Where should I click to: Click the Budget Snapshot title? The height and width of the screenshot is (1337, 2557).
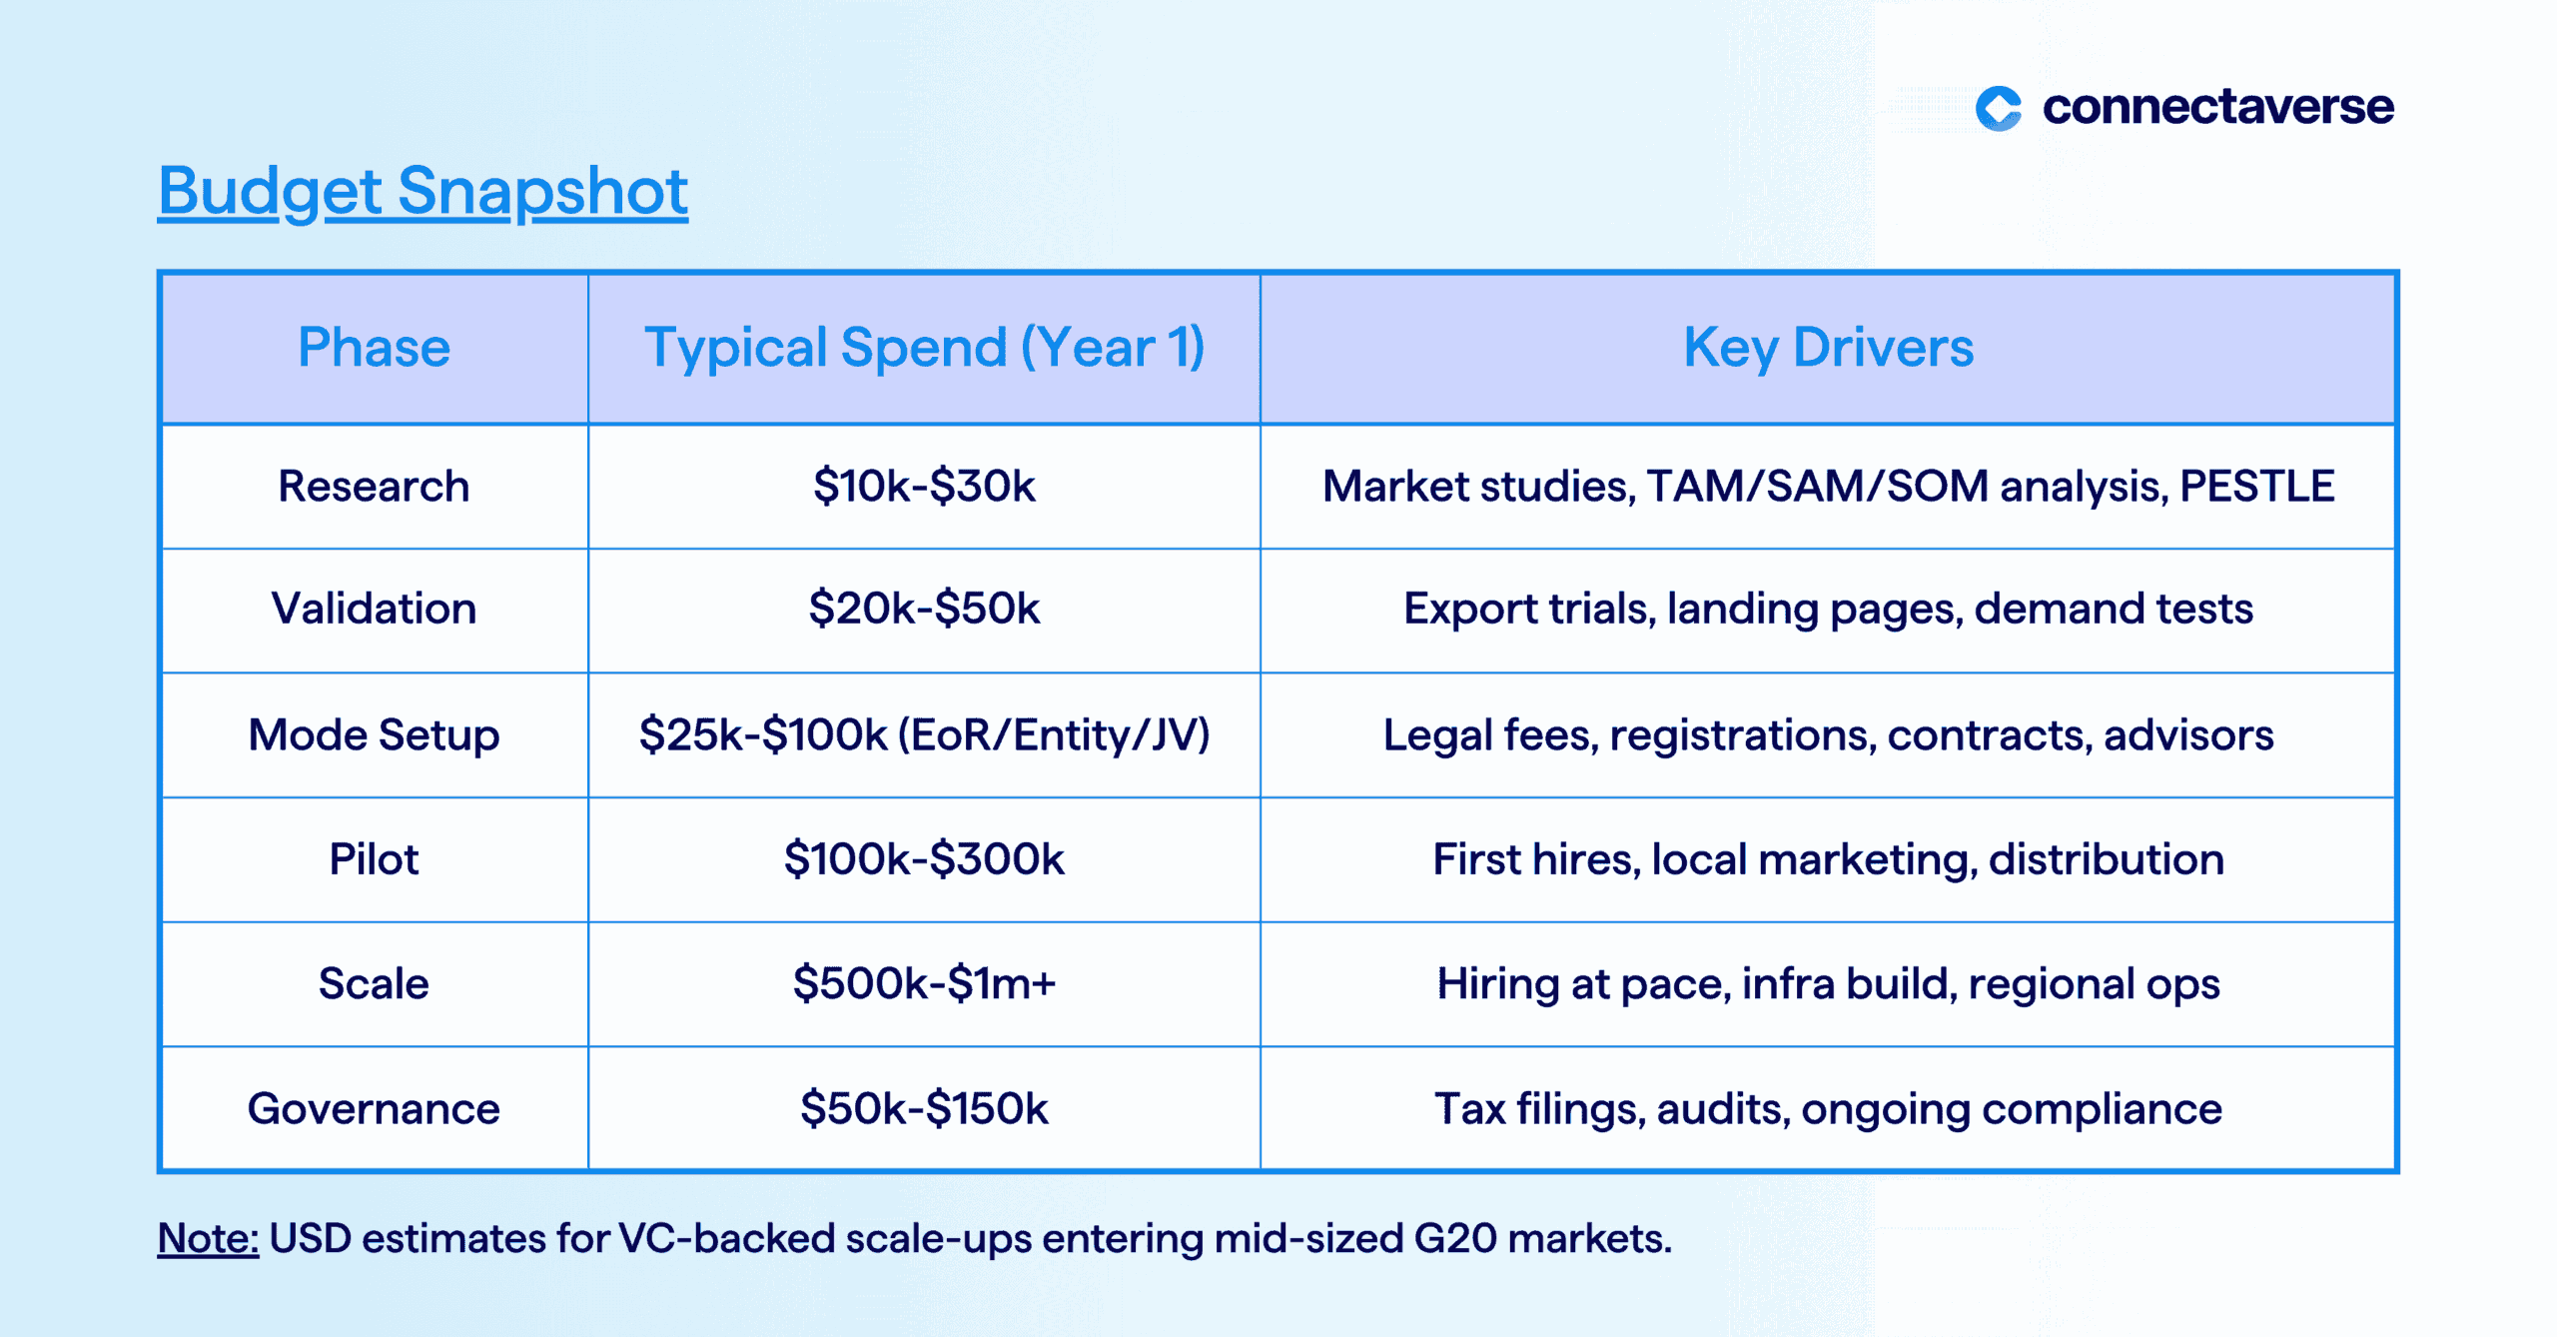tap(423, 192)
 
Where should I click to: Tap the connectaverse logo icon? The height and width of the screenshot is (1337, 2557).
tap(1999, 108)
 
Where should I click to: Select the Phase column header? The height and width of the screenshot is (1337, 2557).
tap(374, 348)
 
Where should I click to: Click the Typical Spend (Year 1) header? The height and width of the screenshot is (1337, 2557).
tap(924, 348)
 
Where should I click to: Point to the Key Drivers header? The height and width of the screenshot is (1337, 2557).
tap(1828, 348)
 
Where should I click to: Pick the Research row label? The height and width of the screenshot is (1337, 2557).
tap(374, 487)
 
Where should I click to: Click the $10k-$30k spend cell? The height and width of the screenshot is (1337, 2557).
tap(924, 487)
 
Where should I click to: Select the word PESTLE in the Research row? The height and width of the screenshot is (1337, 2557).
tap(2256, 487)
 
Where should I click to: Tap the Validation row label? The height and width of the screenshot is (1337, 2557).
tap(374, 609)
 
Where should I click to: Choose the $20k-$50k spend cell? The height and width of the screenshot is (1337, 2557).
tap(924, 609)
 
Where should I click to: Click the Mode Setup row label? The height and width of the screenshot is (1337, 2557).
tap(374, 735)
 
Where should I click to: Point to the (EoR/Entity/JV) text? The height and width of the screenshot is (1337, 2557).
tap(1054, 735)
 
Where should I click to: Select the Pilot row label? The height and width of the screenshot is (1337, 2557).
tap(374, 859)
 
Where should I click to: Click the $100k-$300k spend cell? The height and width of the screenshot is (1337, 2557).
tap(924, 859)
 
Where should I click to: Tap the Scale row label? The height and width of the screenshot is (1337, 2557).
tap(374, 984)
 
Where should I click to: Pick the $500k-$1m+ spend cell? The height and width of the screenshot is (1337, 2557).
tap(924, 984)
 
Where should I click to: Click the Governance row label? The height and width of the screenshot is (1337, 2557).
tap(374, 1109)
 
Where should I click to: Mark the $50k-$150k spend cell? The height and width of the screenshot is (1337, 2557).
tap(924, 1109)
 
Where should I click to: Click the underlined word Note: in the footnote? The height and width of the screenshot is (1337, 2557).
tap(208, 1239)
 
